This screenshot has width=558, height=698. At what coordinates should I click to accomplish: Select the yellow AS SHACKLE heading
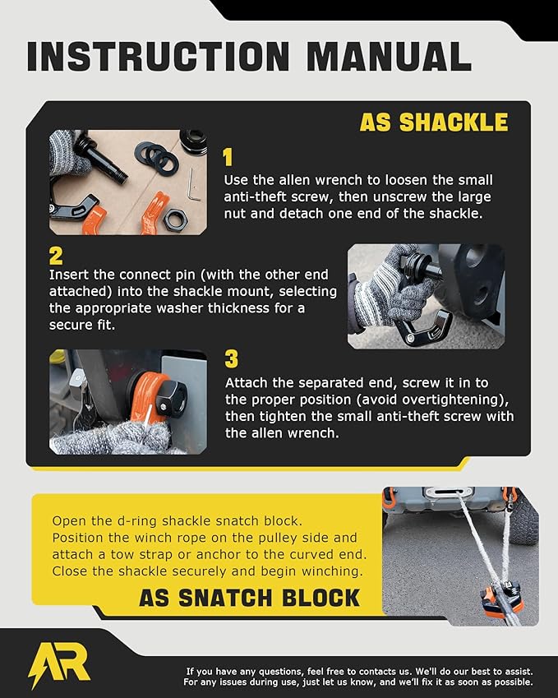(x=433, y=122)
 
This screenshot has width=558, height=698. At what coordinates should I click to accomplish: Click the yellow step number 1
(x=228, y=158)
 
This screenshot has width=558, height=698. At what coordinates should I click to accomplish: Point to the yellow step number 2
(x=56, y=255)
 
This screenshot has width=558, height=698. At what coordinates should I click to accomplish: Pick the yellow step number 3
(x=231, y=359)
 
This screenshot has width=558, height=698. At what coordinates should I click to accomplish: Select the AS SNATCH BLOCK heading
(x=249, y=597)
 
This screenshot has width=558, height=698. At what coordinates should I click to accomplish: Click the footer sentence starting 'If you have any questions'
(x=359, y=671)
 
